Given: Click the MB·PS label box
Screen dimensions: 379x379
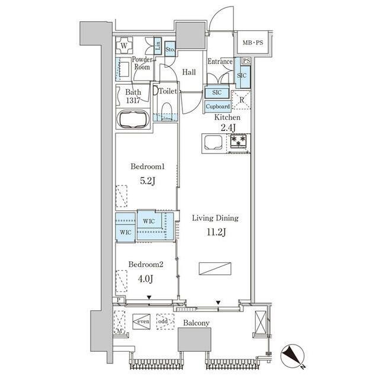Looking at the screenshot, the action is coord(253,43).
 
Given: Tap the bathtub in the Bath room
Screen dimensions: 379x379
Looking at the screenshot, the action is coord(133,119).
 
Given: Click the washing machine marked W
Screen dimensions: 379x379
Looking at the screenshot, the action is coord(124,45).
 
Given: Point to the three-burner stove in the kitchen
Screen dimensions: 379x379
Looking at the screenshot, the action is coord(238,141).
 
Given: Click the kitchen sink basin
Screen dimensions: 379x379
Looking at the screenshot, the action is coord(213,142).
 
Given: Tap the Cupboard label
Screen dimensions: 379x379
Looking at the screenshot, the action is coord(218,107).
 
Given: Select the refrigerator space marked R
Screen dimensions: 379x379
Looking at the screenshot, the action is coord(241,100).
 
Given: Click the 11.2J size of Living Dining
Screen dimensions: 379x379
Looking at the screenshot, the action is coord(216,233).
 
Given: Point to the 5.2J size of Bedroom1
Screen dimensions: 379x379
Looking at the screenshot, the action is coord(147,181).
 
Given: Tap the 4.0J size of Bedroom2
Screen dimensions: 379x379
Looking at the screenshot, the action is coord(145,279).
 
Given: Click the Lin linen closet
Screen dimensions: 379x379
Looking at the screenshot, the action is coord(158,45).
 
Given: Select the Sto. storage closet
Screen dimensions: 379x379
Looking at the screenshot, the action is coord(170,49).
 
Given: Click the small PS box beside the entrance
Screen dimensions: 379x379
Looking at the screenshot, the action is coord(246,60).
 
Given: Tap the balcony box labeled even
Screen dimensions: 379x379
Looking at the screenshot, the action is coord(142,322).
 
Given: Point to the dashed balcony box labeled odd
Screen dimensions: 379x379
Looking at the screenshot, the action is coord(165,322).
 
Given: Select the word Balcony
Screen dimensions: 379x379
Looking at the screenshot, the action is coord(196,323).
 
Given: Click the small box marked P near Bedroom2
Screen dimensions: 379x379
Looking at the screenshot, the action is coord(118,300).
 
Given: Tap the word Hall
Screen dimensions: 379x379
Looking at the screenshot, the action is coord(189,72).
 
